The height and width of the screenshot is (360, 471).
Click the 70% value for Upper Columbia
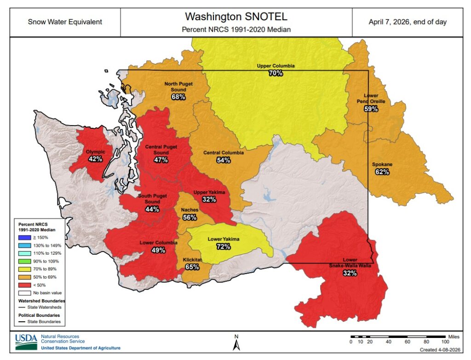(x=276, y=73)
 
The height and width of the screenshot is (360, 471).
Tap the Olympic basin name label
(x=96, y=152)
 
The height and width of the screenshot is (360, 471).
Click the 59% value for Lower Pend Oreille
(x=371, y=109)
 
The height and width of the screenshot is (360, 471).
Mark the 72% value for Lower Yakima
(x=223, y=246)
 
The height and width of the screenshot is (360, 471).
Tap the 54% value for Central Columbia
(x=223, y=160)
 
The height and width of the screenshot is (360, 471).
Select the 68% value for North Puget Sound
(x=178, y=97)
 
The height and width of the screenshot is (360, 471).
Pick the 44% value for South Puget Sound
(x=152, y=209)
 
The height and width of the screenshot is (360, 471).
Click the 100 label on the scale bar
(x=445, y=342)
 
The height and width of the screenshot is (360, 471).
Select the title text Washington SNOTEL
(x=236, y=17)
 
